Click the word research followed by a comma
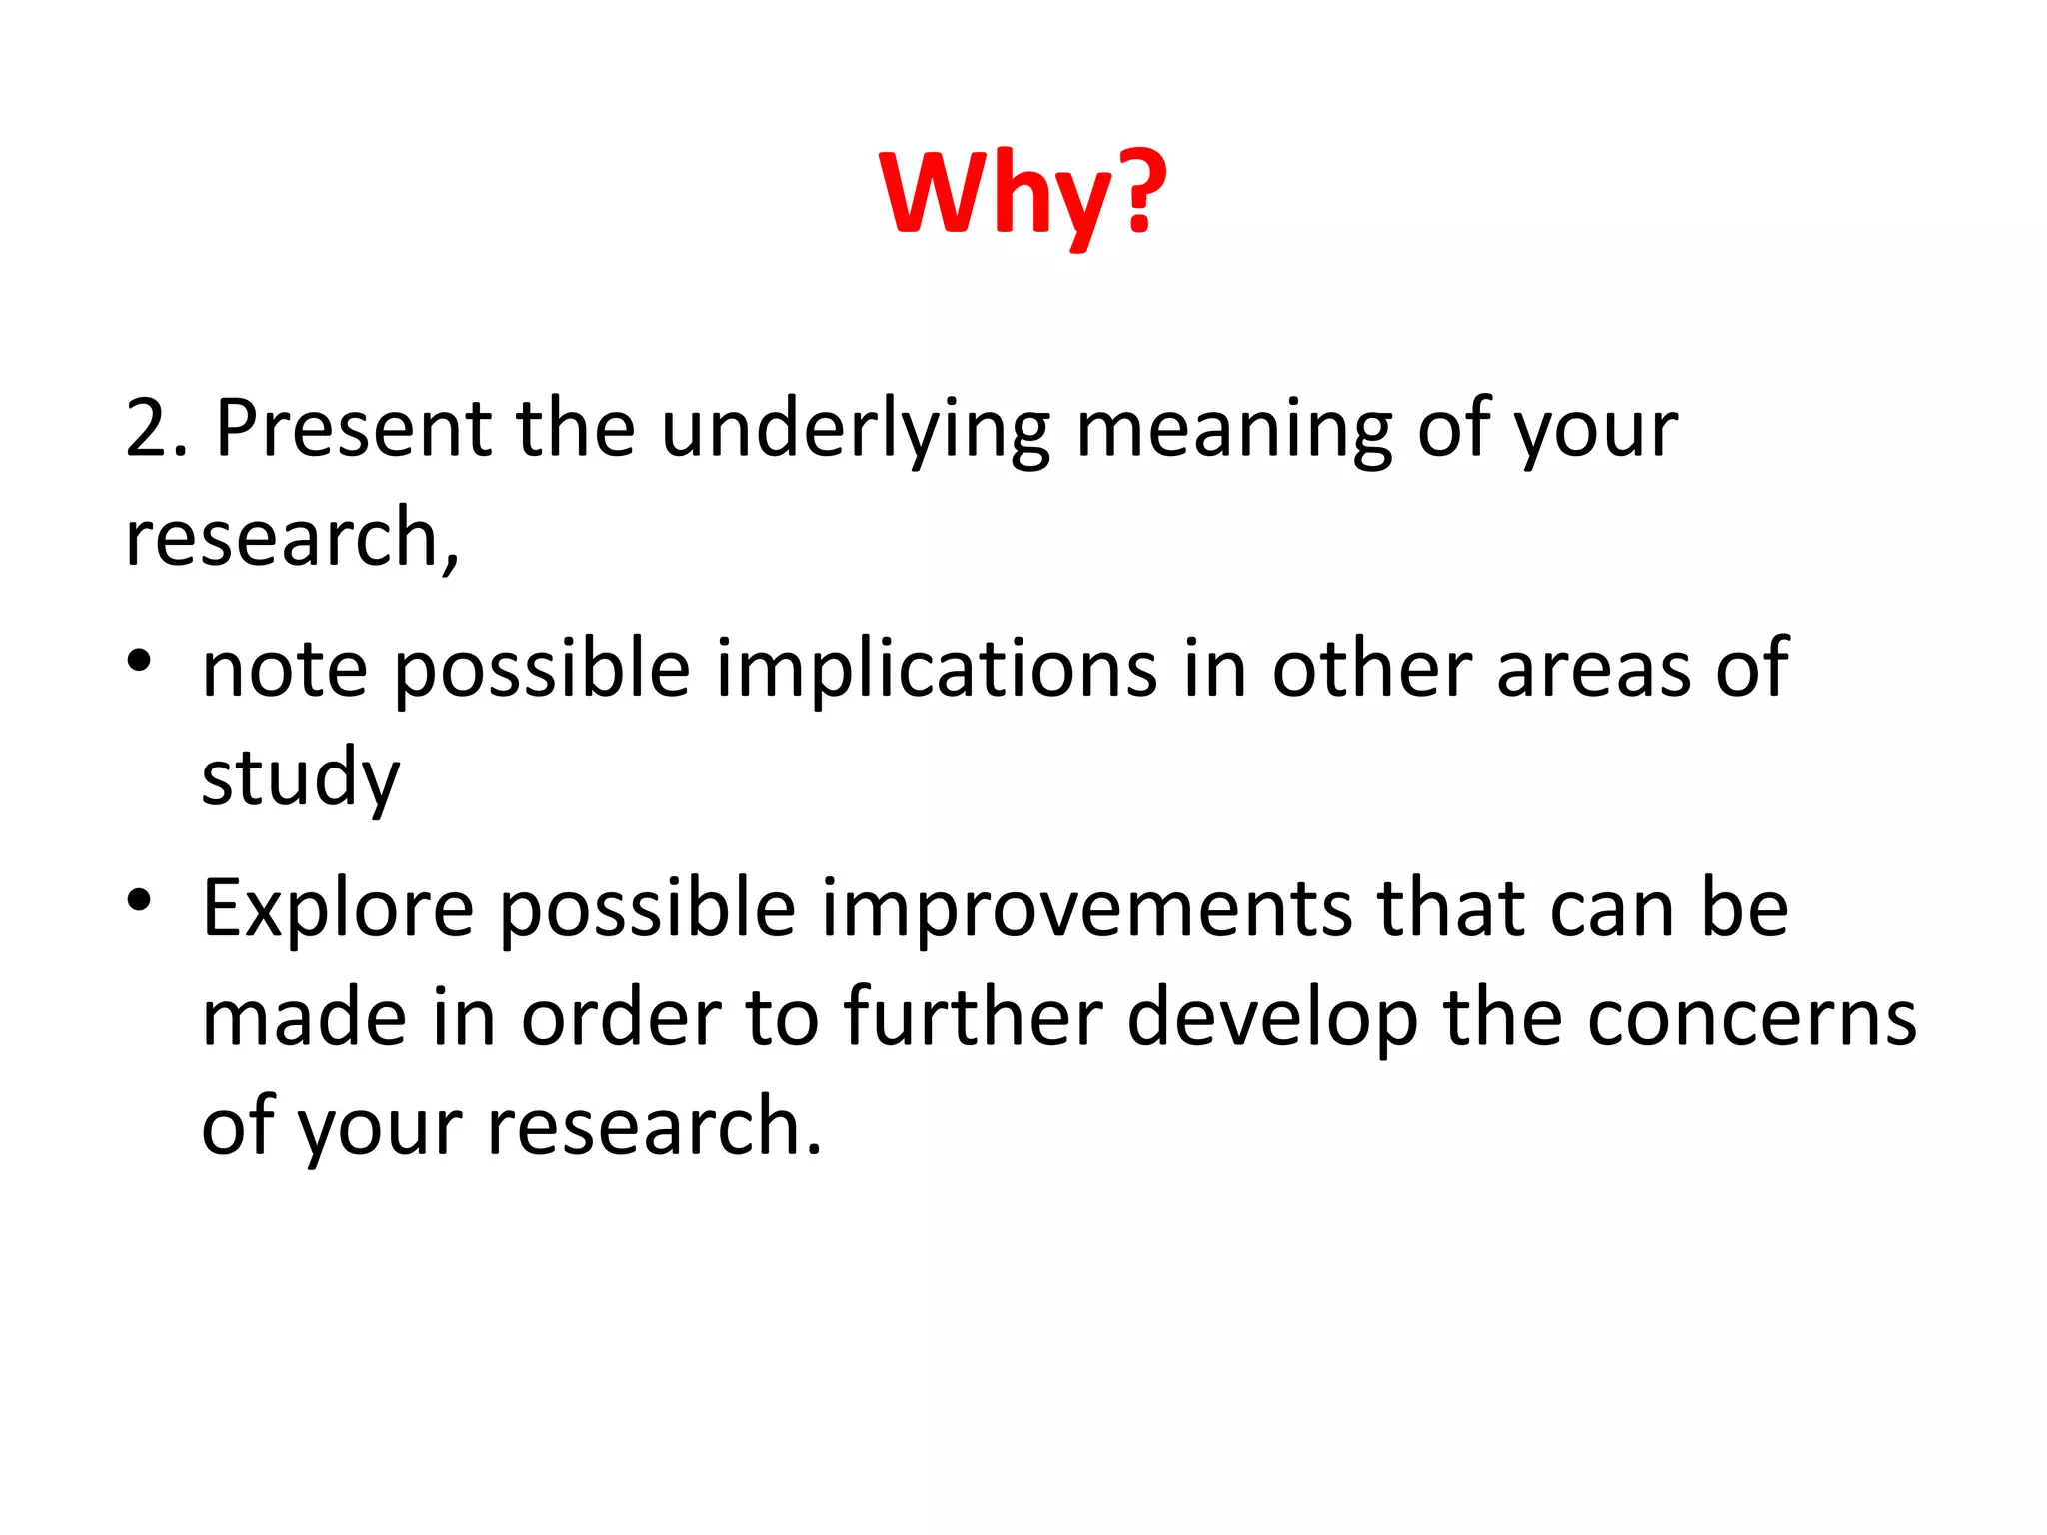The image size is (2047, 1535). [x=290, y=538]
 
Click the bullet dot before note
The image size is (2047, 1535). [x=139, y=661]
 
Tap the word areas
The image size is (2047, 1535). [x=1593, y=668]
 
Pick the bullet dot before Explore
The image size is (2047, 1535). [x=139, y=899]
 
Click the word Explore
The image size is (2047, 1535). [x=338, y=910]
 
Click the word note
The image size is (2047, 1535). [x=285, y=668]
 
